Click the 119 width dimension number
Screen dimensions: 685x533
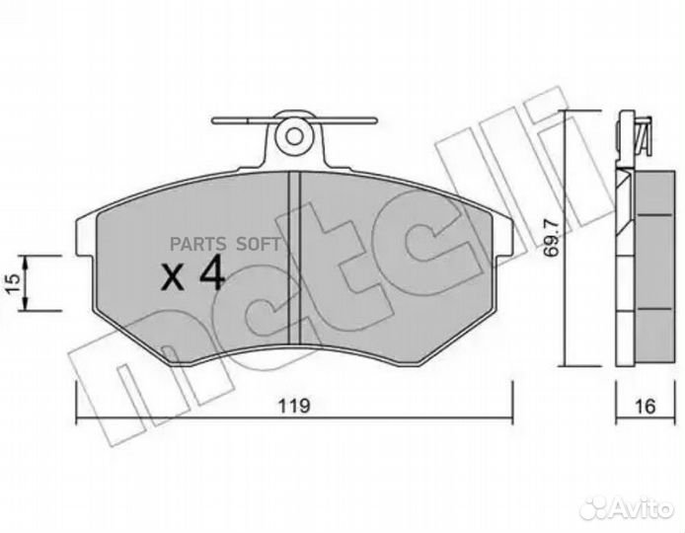[x=295, y=407]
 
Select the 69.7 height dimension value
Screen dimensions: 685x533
[x=552, y=238]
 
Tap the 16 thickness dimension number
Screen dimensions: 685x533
[x=646, y=407]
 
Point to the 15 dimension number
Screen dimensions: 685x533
[x=13, y=283]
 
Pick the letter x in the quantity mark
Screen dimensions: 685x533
[x=172, y=277]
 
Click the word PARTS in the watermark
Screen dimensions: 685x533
[x=197, y=244]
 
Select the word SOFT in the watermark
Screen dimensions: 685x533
[x=259, y=244]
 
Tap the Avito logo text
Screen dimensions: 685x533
[x=642, y=508]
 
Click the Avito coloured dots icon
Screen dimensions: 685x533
[x=595, y=508]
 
